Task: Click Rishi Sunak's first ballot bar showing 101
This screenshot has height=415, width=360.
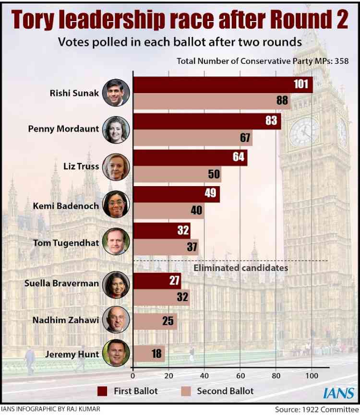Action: coord(222,85)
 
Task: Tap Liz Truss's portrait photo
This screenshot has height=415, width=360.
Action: coord(116,166)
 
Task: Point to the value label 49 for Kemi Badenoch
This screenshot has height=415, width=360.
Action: coord(211,194)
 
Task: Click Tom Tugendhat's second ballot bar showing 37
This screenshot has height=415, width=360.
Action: coord(165,247)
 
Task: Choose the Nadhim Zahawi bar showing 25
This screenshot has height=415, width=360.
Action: coord(155,321)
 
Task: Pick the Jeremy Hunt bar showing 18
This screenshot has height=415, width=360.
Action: coord(148,355)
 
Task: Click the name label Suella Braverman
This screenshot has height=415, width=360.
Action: coord(62,283)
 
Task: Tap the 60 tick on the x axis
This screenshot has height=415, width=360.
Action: coord(240,376)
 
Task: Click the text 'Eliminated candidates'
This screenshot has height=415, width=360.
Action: coord(240,268)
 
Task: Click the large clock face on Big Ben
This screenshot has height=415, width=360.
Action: coord(304,131)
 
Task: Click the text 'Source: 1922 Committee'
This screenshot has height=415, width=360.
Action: coord(316,409)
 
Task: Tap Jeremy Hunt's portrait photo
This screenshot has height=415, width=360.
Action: coord(116,354)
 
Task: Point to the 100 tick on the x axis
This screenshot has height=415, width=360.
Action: coord(312,376)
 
